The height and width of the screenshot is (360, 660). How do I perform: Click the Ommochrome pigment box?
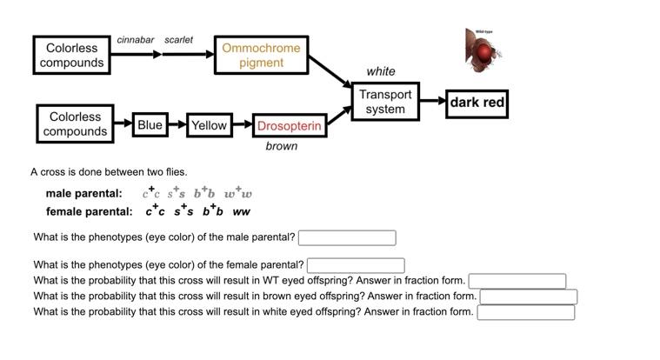[261, 55]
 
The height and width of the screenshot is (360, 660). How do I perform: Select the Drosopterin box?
[290, 126]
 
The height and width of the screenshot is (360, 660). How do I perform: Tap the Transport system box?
[385, 102]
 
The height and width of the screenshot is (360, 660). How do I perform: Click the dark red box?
[477, 103]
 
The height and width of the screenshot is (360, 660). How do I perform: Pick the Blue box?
[150, 125]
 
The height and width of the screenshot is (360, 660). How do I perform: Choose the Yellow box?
[209, 126]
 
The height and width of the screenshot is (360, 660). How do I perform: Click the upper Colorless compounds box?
[71, 55]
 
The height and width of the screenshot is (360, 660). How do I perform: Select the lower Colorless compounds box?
[75, 124]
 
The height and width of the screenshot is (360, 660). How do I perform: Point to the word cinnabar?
[136, 40]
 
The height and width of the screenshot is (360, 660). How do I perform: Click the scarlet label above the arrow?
[178, 40]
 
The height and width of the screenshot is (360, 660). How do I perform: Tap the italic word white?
[380, 71]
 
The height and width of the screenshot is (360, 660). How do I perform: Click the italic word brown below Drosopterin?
[281, 146]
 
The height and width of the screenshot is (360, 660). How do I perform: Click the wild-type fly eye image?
[483, 51]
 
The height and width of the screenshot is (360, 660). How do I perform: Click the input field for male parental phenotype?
[347, 237]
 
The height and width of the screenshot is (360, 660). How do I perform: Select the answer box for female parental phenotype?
[356, 265]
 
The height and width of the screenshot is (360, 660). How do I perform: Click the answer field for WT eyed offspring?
[517, 281]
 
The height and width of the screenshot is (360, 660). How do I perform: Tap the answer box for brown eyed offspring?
[529, 297]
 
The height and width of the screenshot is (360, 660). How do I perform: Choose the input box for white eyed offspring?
[525, 312]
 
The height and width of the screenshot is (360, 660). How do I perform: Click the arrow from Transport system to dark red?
[432, 101]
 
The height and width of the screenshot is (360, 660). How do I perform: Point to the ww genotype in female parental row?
[241, 211]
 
